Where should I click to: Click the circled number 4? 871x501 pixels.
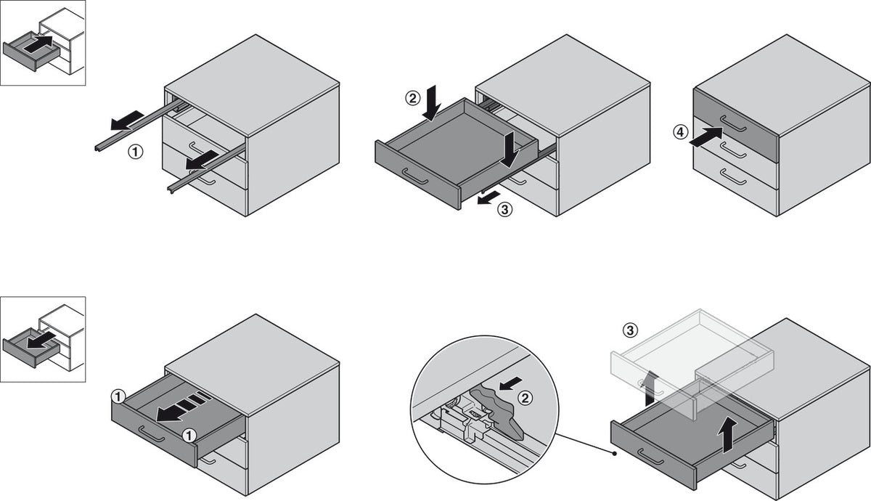tap(679, 133)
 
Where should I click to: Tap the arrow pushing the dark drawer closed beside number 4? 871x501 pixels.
tap(706, 136)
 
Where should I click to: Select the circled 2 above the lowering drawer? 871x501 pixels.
tap(412, 97)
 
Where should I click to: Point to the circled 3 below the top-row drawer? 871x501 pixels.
tap(506, 210)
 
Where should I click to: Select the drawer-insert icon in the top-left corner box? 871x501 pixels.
tap(43, 43)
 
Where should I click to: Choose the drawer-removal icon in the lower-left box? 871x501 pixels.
tap(43, 338)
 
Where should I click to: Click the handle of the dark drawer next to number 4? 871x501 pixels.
tap(732, 124)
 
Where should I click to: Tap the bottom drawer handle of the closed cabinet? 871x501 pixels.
tap(732, 178)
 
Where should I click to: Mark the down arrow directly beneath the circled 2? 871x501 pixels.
tap(432, 102)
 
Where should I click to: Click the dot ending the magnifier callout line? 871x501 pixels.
tap(615, 454)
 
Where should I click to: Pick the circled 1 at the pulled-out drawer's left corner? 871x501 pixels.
tap(118, 396)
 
